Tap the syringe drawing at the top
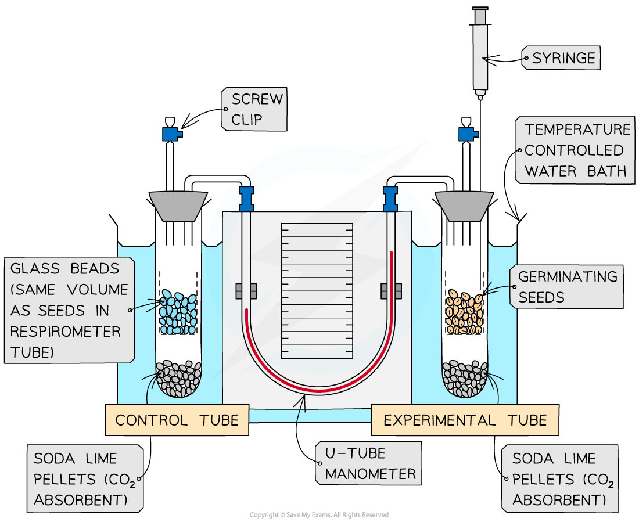[x=480, y=52]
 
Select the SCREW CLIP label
[x=254, y=109]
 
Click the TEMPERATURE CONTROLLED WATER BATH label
[x=575, y=150]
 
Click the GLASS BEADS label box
[x=70, y=310]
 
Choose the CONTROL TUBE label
[x=177, y=420]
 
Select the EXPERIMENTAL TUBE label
[x=465, y=420]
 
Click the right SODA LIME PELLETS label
[x=560, y=479]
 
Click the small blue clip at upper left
[x=171, y=134]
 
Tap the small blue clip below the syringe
[x=468, y=134]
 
